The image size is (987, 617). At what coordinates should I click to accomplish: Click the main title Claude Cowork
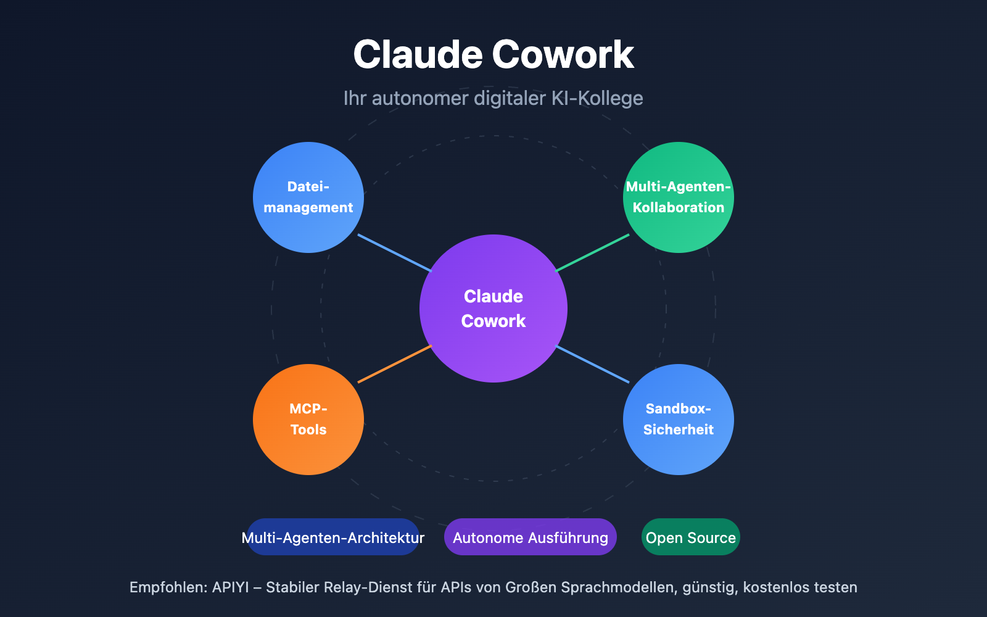(x=493, y=54)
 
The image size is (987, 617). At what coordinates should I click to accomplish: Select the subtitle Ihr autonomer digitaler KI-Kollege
(x=493, y=98)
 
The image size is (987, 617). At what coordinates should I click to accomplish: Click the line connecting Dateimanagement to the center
(x=395, y=253)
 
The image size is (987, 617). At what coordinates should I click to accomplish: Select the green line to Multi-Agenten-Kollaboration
(x=592, y=253)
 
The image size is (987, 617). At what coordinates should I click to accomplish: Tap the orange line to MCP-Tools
(x=395, y=364)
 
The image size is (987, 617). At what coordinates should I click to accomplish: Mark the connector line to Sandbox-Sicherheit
(x=592, y=364)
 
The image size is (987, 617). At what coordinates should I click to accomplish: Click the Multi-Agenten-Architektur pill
(x=333, y=537)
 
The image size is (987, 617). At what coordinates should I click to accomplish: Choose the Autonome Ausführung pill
(x=531, y=537)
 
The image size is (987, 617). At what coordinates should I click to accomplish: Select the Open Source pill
(x=691, y=537)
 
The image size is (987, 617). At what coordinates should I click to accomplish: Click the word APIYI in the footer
(x=231, y=587)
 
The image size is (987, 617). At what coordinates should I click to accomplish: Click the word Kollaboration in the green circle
(x=679, y=208)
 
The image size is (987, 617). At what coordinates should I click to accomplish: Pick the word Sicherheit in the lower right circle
(x=679, y=430)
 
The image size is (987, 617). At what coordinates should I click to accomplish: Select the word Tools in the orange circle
(x=308, y=430)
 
